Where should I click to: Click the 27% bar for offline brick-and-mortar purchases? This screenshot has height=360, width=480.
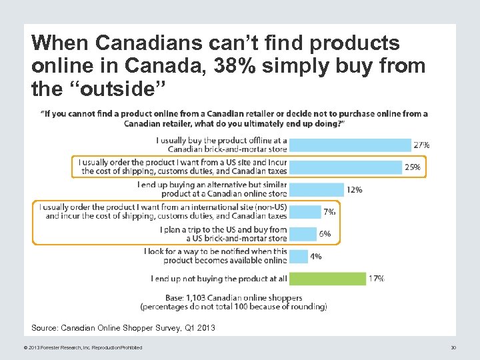pyautogui.click(x=351, y=145)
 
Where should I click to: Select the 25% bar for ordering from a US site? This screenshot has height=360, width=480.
pyautogui.click(x=346, y=167)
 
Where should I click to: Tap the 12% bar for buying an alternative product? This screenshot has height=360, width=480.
pyautogui.click(x=317, y=189)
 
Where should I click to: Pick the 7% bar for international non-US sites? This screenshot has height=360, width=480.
pyautogui.click(x=305, y=211)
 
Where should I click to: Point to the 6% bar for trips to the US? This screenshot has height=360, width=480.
pyautogui.click(x=303, y=234)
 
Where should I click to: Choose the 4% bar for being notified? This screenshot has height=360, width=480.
pyautogui.click(x=299, y=256)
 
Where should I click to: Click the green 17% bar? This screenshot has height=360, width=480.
pyautogui.click(x=328, y=279)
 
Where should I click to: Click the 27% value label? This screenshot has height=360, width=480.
pyautogui.click(x=421, y=145)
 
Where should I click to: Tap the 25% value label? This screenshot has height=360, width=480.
pyautogui.click(x=412, y=167)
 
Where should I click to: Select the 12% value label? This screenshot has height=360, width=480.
pyautogui.click(x=354, y=190)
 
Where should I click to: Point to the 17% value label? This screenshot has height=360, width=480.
pyautogui.click(x=376, y=279)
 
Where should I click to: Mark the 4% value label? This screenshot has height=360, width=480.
pyautogui.click(x=315, y=257)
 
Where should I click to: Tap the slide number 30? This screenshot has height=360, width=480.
pyautogui.click(x=453, y=347)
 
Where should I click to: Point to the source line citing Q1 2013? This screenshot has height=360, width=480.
pyautogui.click(x=123, y=328)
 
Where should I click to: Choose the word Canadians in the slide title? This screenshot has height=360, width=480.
pyautogui.click(x=151, y=43)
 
